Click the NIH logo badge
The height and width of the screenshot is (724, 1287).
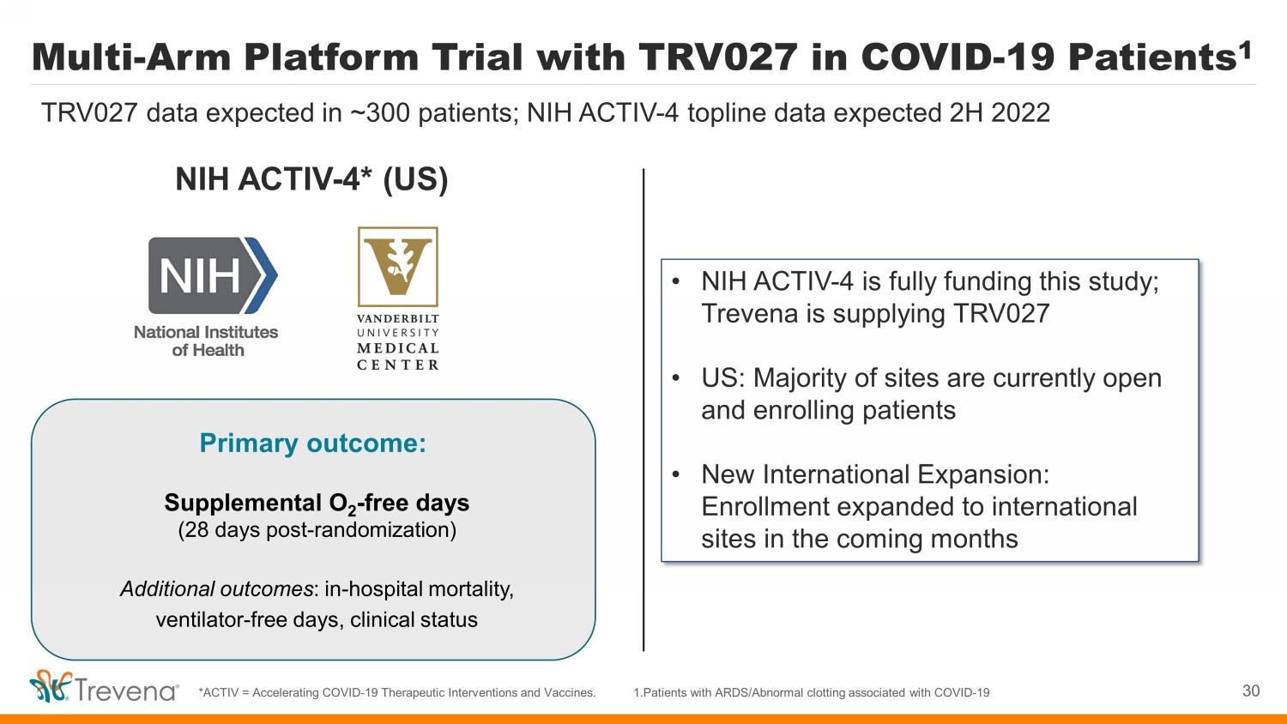tap(213, 275)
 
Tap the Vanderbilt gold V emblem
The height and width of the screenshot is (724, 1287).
tap(397, 267)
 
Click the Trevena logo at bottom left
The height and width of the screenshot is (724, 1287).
tap(104, 686)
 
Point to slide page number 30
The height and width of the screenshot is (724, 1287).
tap(1251, 691)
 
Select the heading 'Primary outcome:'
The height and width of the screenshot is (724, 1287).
tap(313, 443)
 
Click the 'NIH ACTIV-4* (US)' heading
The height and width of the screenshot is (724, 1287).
tap(311, 179)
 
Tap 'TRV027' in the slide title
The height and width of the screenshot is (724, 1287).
tap(717, 57)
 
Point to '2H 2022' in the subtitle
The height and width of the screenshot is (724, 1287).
tap(1000, 112)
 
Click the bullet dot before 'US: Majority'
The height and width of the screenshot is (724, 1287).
tap(676, 378)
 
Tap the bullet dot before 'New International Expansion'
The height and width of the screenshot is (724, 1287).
tap(676, 474)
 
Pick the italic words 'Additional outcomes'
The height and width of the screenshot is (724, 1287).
tap(216, 589)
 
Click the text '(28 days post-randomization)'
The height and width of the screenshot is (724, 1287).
tap(317, 530)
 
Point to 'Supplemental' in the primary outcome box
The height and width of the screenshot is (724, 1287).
tap(243, 504)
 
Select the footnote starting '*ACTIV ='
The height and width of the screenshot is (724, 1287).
tap(397, 692)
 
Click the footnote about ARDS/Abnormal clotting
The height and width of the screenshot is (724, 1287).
tap(812, 692)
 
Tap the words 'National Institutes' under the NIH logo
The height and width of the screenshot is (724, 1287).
tap(206, 332)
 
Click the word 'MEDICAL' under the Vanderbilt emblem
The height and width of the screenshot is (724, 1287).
tap(397, 348)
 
